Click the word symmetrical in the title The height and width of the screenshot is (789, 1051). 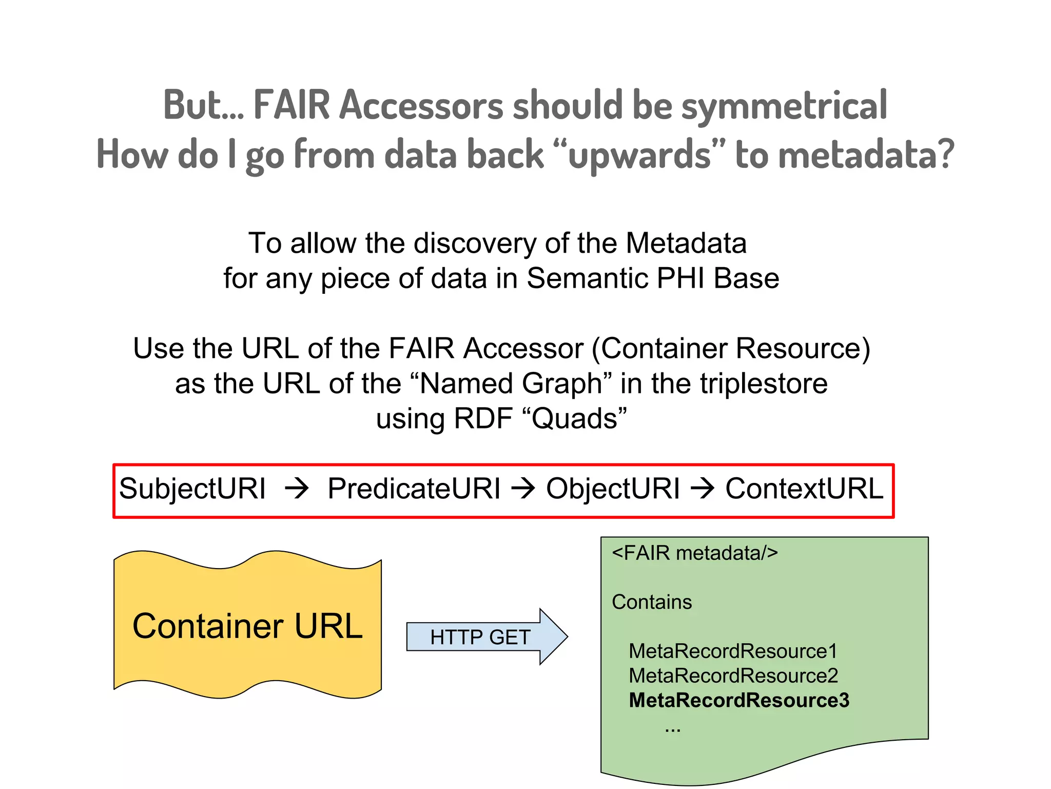[784, 105]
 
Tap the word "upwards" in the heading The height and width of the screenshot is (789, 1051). [639, 155]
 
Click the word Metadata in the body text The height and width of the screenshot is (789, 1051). [686, 243]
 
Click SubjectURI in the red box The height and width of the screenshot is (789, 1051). [192, 489]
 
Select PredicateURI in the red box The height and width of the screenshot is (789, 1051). [414, 489]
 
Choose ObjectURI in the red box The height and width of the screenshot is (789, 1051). [613, 489]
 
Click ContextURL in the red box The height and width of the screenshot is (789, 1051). [804, 489]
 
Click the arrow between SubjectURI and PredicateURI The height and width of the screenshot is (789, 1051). [297, 489]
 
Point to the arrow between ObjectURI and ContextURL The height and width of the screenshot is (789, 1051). [703, 489]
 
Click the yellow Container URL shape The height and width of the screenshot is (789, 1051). [247, 626]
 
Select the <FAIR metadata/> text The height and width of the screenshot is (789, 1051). [695, 553]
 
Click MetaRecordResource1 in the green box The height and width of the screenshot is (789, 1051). [733, 651]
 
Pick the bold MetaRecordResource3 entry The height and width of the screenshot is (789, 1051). [739, 701]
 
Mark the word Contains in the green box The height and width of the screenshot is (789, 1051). [652, 602]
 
